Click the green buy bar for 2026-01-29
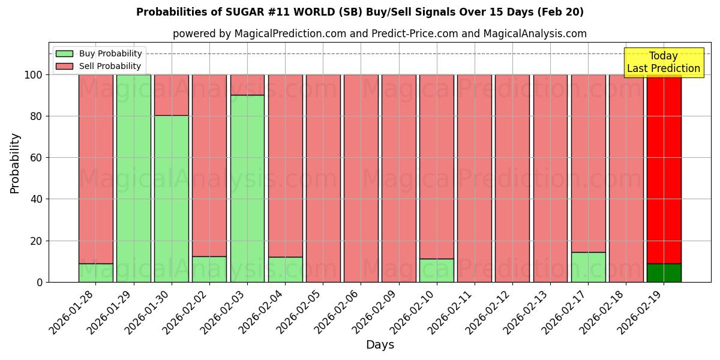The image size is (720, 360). tap(133, 178)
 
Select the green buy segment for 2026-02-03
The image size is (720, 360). tap(247, 188)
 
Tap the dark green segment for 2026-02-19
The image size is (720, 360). tap(664, 273)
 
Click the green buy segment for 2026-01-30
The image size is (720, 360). tap(171, 199)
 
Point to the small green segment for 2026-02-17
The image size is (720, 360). tap(588, 267)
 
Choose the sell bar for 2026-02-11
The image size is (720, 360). tap(474, 178)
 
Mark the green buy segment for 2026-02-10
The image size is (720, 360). tap(436, 271)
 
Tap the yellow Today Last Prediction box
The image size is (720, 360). tap(663, 62)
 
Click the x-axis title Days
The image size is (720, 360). tap(380, 345)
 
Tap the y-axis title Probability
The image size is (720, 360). tap(15, 163)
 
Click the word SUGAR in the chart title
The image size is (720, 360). tap(243, 12)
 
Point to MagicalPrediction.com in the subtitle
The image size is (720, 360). tap(290, 34)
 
